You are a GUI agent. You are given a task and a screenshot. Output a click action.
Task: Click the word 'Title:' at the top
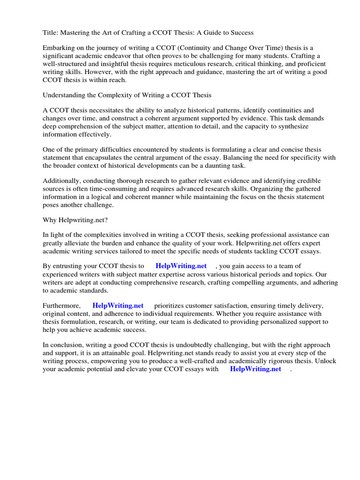click(50, 32)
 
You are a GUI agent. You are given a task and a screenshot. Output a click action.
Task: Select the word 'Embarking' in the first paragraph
click(59, 48)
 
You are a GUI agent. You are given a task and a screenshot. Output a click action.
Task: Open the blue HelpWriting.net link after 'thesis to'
click(181, 266)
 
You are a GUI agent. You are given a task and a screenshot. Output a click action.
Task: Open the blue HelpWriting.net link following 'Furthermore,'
click(118, 306)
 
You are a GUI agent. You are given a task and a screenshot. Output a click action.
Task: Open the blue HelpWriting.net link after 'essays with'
click(255, 369)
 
